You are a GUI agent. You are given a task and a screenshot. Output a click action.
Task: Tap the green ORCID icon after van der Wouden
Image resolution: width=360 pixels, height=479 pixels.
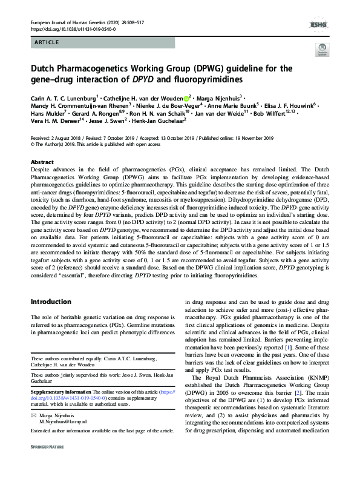coord(186,97)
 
